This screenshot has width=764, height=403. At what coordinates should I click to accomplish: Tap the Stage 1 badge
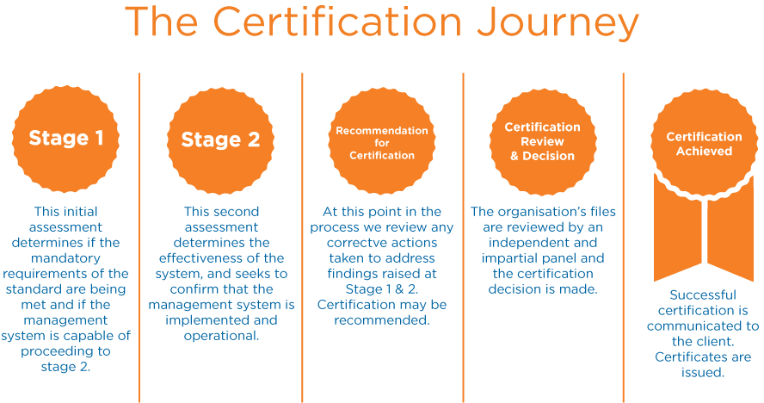[x=66, y=138]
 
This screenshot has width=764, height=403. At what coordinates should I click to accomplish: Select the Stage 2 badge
[x=220, y=139]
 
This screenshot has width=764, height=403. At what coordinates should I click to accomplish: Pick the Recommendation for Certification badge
[x=381, y=143]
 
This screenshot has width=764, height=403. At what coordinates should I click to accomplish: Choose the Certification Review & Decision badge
[x=542, y=140]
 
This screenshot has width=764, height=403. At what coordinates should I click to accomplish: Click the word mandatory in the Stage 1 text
[x=66, y=258]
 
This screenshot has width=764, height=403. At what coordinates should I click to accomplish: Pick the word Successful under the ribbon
[x=703, y=295]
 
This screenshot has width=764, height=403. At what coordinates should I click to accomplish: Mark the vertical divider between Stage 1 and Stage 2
[x=139, y=237]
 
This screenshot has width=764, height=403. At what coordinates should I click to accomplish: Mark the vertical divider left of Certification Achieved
[x=624, y=237]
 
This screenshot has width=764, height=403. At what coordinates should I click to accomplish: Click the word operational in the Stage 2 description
[x=220, y=336]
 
